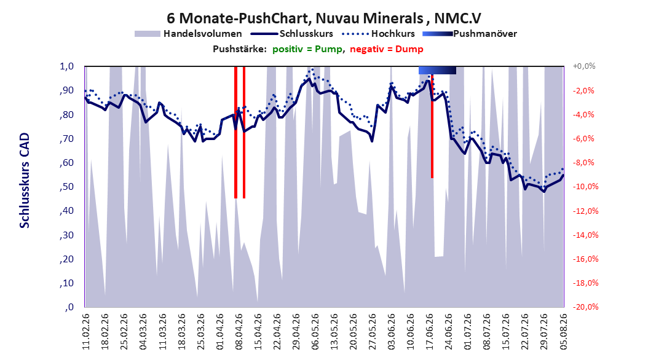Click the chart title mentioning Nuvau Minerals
324,18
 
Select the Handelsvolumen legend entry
188,34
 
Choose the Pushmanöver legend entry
470,34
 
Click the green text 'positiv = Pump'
307,49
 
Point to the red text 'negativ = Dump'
387,49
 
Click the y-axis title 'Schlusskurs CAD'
25,181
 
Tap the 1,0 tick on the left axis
66,66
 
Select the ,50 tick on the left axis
66,187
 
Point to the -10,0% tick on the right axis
585,187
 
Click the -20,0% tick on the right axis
585,307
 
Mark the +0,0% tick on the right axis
584,66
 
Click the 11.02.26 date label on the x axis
86,332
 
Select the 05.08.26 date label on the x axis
563,332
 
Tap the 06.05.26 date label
315,332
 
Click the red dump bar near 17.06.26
432,126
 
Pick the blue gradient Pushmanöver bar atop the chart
437,70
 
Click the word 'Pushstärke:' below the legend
240,49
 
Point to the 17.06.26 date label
430,332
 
